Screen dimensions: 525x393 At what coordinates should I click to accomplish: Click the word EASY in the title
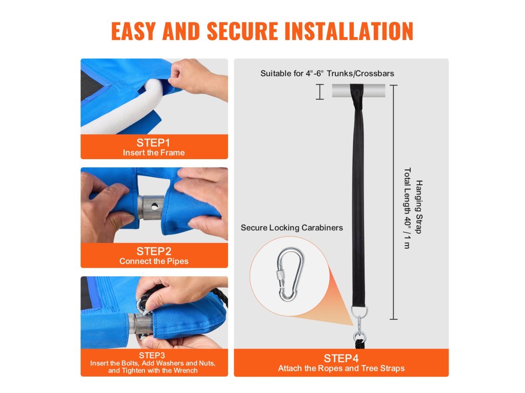[133, 31]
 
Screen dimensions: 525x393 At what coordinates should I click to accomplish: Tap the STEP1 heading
[153, 143]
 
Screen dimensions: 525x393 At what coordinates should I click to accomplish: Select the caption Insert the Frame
[154, 152]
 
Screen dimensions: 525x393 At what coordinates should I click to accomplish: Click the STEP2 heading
[154, 251]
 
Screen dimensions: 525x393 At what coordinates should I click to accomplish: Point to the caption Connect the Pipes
[154, 261]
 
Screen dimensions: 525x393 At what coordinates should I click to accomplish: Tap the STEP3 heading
[152, 355]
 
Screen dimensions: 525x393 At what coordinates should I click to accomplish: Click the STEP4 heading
[341, 358]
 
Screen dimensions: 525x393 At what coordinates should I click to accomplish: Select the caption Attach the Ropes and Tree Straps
[341, 368]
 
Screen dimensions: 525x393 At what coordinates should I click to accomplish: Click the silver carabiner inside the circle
[290, 274]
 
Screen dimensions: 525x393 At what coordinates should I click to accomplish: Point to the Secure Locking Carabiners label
[292, 228]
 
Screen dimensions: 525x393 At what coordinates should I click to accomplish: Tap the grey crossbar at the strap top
[358, 91]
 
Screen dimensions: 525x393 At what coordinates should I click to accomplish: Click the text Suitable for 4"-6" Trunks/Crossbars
[327, 74]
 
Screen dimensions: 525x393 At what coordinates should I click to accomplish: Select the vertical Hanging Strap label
[419, 207]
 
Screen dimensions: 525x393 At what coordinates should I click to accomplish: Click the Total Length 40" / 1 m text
[407, 208]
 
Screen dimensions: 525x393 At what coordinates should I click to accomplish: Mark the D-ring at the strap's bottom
[359, 312]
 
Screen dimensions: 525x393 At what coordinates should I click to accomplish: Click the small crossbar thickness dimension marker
[320, 92]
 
